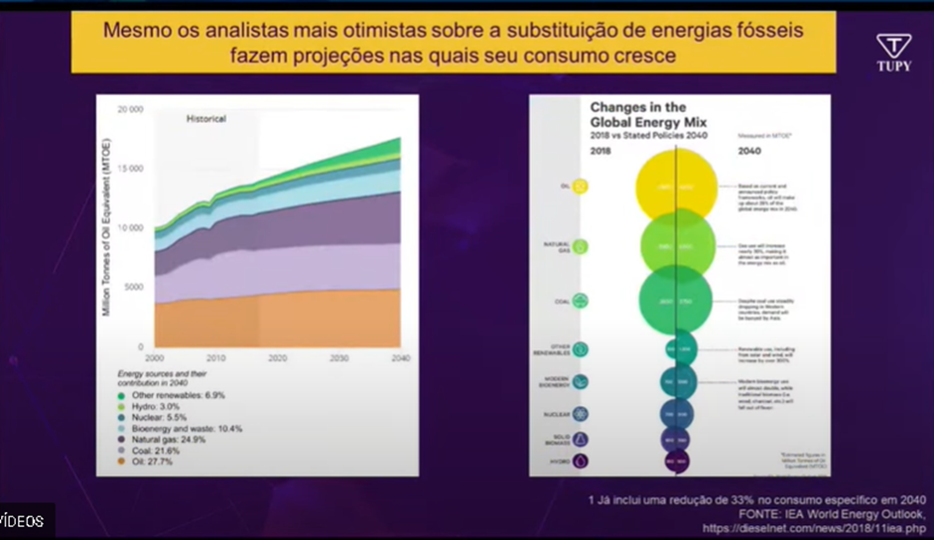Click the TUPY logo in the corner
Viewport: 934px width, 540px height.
(893, 52)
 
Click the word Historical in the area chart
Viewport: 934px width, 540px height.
(206, 119)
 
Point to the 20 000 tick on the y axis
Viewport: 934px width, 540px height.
(129, 109)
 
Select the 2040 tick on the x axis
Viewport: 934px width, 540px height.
(400, 357)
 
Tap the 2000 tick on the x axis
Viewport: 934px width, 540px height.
(155, 357)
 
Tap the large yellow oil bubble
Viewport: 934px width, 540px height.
(676, 187)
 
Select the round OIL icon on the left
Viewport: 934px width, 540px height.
(581, 186)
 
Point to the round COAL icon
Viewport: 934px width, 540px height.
(581, 301)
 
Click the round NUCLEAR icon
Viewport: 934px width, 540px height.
(581, 413)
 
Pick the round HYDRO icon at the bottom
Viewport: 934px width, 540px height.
(581, 461)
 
